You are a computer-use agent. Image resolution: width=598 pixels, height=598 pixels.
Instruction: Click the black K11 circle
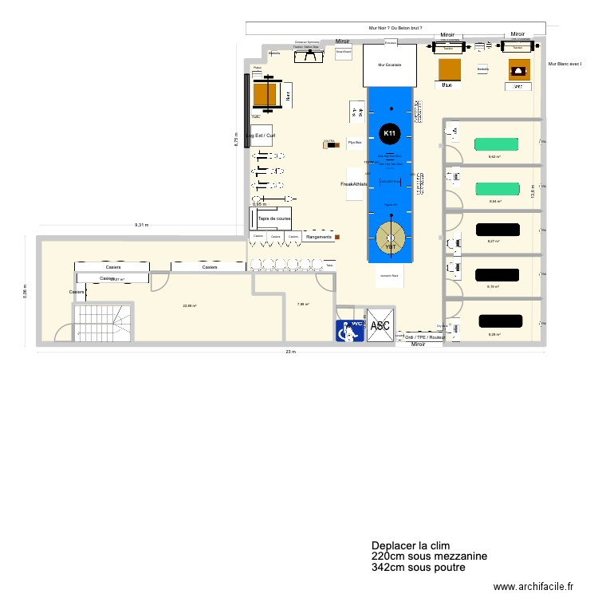(389, 133)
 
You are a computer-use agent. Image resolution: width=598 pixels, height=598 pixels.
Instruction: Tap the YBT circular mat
(391, 237)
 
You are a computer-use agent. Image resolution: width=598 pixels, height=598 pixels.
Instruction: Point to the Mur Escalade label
(389, 65)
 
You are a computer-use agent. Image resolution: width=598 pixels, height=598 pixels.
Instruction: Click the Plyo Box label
(354, 144)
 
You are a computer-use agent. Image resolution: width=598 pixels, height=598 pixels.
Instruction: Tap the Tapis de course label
(273, 218)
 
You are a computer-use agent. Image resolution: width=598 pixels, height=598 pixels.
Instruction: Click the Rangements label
(318, 237)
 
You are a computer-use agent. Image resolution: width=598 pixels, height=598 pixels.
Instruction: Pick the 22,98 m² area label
(190, 305)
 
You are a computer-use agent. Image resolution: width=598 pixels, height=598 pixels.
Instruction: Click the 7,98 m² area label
(303, 304)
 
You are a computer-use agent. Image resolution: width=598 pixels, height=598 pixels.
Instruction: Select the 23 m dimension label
(292, 352)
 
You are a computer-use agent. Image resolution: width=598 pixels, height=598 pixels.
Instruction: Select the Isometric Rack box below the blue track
(391, 276)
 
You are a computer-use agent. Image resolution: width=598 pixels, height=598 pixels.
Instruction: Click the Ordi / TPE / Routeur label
(426, 337)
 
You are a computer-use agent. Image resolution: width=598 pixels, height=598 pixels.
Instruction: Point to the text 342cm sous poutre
(418, 568)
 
